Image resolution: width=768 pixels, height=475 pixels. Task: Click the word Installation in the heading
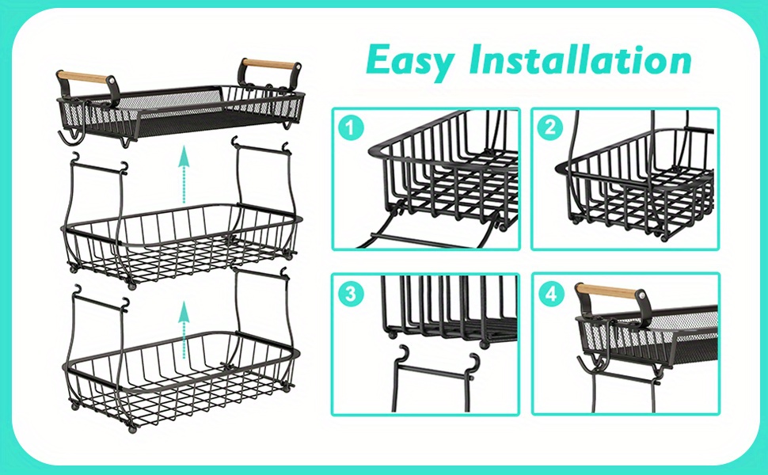point(580,61)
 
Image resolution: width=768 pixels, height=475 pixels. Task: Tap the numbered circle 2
point(549,128)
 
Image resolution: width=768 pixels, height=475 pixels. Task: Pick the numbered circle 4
point(549,294)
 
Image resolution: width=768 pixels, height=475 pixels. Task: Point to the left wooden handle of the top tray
point(84,77)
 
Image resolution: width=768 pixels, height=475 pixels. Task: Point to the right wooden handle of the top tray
point(270,64)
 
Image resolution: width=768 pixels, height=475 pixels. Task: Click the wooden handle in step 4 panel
point(606,292)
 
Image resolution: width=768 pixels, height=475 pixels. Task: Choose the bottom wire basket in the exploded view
point(182,372)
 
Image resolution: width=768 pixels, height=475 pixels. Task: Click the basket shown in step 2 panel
point(633,186)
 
